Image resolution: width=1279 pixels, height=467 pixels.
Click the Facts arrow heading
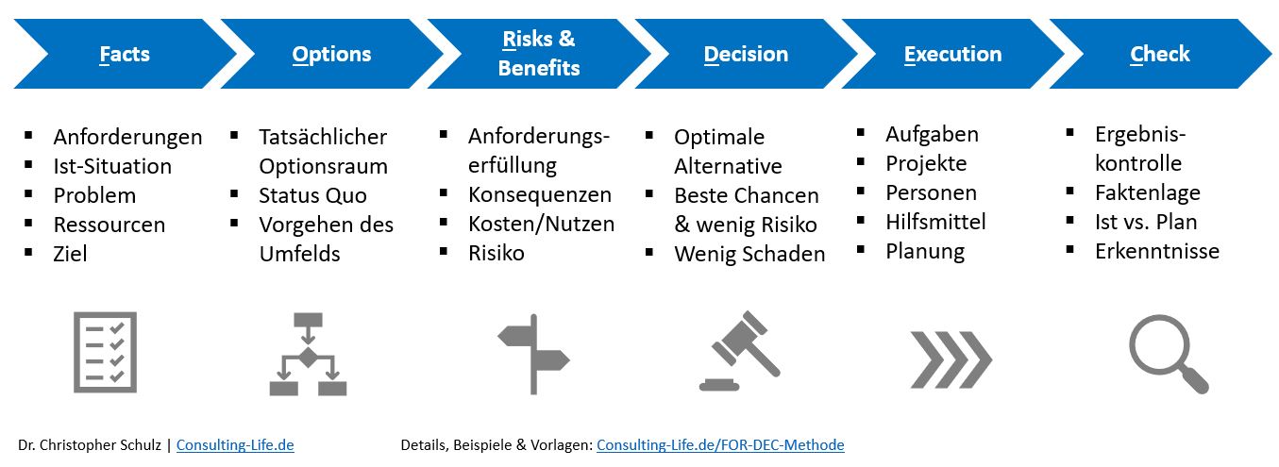point(125,54)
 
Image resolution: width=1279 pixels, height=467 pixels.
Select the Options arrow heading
point(331,54)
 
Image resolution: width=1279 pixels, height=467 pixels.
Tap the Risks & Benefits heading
point(538,54)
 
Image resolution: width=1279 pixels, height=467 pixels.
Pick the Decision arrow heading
point(746,54)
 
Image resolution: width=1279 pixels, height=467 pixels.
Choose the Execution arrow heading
point(952,54)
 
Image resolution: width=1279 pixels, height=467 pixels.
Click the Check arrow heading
point(1160,54)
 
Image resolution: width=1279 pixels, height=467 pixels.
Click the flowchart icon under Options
point(308,354)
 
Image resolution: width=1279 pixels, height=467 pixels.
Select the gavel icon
point(740,351)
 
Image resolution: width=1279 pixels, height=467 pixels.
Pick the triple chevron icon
point(951,359)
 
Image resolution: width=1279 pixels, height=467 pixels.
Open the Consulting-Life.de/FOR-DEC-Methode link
point(720,444)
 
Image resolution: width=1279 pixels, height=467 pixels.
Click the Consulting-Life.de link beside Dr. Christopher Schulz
point(235,444)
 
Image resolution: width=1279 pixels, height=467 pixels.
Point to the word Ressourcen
point(109,225)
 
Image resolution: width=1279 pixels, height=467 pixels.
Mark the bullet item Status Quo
point(312,195)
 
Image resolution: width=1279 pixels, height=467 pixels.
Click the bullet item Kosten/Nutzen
point(541,224)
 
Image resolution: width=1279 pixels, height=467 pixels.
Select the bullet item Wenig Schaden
point(749,254)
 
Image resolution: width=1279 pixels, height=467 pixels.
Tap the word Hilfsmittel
point(935,222)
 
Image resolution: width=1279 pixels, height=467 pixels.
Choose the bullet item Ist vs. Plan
point(1146,222)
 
